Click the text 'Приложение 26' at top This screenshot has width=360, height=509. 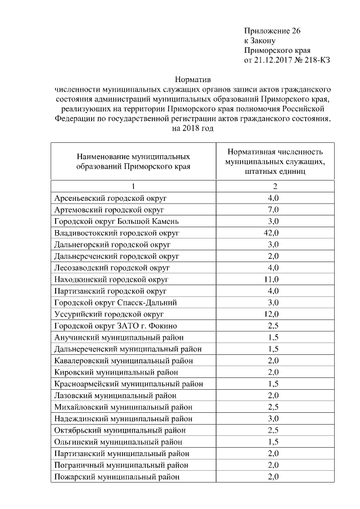[272, 30]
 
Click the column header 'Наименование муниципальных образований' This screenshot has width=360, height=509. [133, 161]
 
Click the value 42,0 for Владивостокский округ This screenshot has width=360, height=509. [273, 232]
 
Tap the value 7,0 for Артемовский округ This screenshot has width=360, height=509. [273, 209]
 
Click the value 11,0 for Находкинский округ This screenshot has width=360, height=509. [273, 279]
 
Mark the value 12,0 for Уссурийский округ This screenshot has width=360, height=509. [273, 314]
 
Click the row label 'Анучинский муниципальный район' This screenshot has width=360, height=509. [120, 337]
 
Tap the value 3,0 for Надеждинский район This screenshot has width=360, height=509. [273, 418]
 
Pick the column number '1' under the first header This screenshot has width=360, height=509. [133, 186]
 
